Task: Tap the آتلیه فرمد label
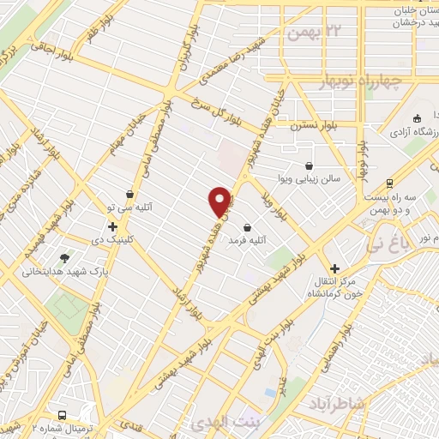pyautogui.click(x=243, y=243)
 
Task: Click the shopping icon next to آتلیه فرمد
pyautogui.click(x=249, y=228)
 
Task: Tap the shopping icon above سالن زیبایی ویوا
pyautogui.click(x=310, y=165)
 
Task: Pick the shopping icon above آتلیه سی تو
pyautogui.click(x=129, y=194)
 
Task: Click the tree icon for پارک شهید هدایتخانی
pyautogui.click(x=65, y=257)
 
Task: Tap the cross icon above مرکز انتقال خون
pyautogui.click(x=334, y=269)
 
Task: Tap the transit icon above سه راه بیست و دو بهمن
pyautogui.click(x=391, y=183)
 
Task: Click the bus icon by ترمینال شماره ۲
pyautogui.click(x=62, y=413)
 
